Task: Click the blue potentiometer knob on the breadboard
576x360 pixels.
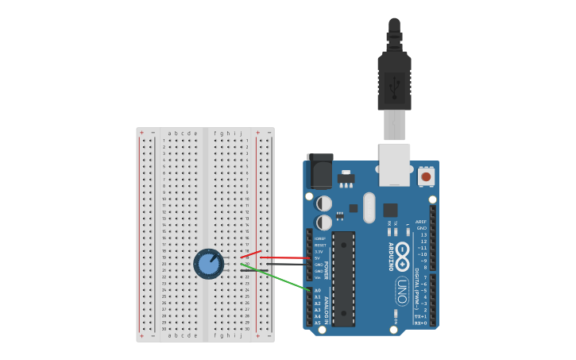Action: pyautogui.click(x=208, y=263)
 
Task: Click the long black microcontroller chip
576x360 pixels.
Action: pyautogui.click(x=343, y=278)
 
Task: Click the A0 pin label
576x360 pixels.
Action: pyautogui.click(x=318, y=291)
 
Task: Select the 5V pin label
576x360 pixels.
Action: pyautogui.click(x=318, y=258)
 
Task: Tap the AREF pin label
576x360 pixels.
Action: pyautogui.click(x=421, y=222)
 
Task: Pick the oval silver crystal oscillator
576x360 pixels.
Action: pyautogui.click(x=369, y=207)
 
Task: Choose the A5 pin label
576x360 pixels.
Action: pyautogui.click(x=318, y=323)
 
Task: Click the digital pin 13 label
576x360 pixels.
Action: pyautogui.click(x=423, y=235)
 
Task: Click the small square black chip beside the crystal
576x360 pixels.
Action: pyautogui.click(x=390, y=210)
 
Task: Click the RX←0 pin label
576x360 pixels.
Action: pyautogui.click(x=421, y=323)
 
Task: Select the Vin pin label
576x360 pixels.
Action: pyautogui.click(x=318, y=277)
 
